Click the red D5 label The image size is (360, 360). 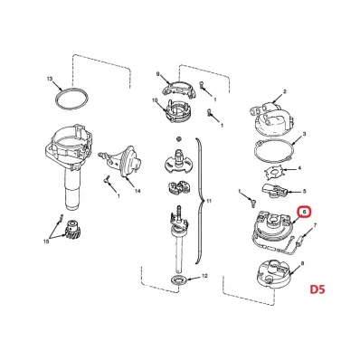tap(317, 289)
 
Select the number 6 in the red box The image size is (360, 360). tap(304, 213)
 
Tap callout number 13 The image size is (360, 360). tap(50, 79)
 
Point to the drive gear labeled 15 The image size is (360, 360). tap(71, 231)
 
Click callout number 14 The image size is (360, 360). tap(137, 191)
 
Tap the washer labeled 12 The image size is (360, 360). tap(179, 279)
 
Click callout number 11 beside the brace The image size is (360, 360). tap(209, 201)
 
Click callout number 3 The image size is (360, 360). tap(304, 134)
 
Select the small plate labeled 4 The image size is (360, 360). tap(273, 172)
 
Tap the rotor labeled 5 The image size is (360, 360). tap(273, 191)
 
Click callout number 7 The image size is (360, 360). tap(315, 225)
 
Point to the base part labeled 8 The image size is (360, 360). tap(274, 272)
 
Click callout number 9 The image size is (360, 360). tap(157, 74)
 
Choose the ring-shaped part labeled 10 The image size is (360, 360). tap(178, 110)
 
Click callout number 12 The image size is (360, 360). tap(204, 276)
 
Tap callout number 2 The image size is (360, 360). tap(285, 91)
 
